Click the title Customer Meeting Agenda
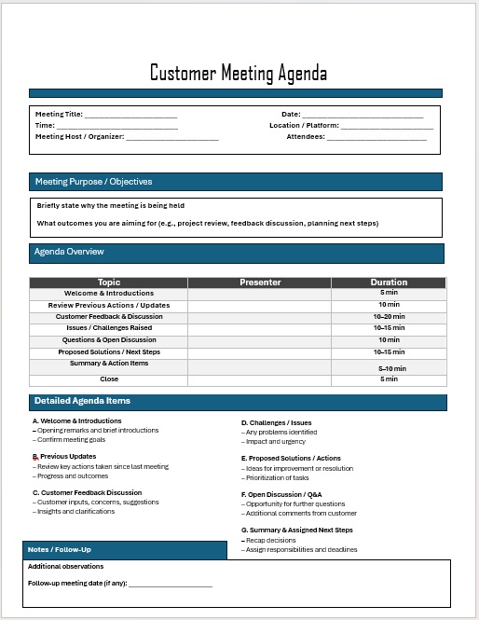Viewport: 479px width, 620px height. click(x=239, y=74)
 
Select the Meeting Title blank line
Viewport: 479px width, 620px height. click(x=130, y=115)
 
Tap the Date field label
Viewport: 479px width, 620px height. click(x=291, y=114)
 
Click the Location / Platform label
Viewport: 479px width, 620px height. click(x=304, y=125)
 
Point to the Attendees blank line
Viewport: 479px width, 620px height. click(x=376, y=137)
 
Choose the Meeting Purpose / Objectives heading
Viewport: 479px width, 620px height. click(x=93, y=182)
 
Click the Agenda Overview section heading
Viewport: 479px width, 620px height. click(x=69, y=253)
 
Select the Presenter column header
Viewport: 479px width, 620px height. click(x=260, y=282)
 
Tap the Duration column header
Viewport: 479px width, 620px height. click(x=389, y=282)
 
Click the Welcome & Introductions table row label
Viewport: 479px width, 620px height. click(x=109, y=294)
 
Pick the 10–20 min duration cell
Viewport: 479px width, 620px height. click(x=389, y=316)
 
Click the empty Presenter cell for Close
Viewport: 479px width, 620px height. click(x=260, y=379)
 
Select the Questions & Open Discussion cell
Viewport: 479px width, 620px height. click(x=109, y=340)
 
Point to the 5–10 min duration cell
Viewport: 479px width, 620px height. click(x=389, y=369)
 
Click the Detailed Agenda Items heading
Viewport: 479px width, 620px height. click(x=82, y=401)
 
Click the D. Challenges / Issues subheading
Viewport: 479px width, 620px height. click(x=276, y=422)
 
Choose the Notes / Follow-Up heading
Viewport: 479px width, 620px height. click(x=60, y=550)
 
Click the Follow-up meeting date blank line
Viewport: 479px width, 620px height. click(x=171, y=585)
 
